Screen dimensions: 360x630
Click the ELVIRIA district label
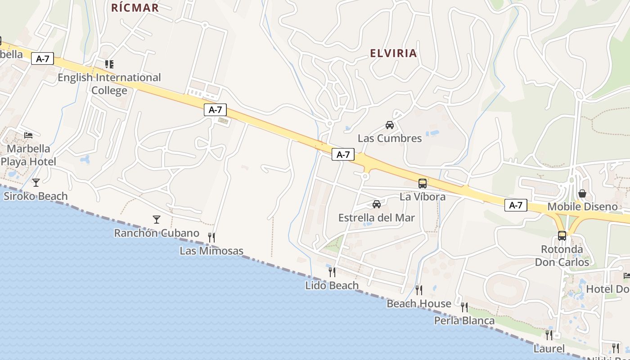coord(393,53)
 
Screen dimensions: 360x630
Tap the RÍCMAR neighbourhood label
coord(135,8)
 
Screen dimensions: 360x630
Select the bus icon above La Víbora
coord(423,184)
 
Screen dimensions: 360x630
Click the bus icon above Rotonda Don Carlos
coord(562,235)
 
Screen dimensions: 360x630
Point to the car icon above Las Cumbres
coord(390,125)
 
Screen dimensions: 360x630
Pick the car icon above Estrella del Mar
coord(377,204)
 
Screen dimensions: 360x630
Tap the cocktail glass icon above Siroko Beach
coord(36,182)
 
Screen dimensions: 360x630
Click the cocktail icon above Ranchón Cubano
coord(157,219)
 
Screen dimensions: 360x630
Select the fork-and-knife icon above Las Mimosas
coord(211,237)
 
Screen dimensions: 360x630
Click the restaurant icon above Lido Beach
coord(332,272)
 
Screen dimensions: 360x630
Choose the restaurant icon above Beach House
coord(419,290)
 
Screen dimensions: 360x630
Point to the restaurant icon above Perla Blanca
coord(464,307)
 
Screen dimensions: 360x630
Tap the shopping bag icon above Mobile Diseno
coord(582,193)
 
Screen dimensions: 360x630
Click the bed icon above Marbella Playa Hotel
coord(28,135)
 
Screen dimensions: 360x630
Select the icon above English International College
coord(109,64)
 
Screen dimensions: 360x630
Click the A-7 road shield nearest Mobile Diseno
coord(516,205)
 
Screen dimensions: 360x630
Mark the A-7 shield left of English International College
coord(43,58)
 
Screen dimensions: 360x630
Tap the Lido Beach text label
coord(332,285)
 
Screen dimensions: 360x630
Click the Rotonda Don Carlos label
coord(562,256)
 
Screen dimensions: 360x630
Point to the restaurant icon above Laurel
coord(549,335)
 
